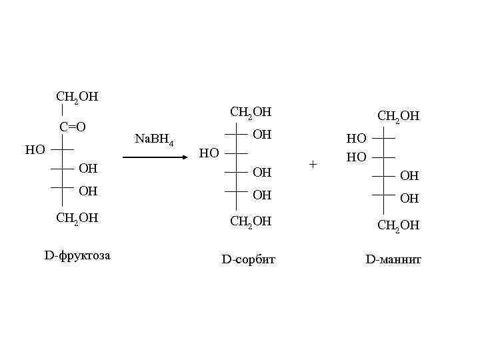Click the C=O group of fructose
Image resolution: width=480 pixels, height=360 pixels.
coord(72,127)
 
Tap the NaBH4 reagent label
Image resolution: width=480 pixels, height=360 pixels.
coord(154,140)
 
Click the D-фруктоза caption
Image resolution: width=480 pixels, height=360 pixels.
coord(77,255)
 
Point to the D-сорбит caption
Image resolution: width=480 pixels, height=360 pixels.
coord(248,259)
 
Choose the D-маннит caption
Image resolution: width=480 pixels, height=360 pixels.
coord(393,259)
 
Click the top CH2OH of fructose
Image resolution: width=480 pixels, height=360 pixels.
coord(77,97)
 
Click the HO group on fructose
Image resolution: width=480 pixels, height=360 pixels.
coord(35,149)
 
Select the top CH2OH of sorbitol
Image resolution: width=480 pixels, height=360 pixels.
coord(251,112)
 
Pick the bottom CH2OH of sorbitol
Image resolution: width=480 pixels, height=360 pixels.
coord(251,221)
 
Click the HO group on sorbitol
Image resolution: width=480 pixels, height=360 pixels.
coord(209,153)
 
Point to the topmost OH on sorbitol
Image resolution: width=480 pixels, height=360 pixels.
coord(263,135)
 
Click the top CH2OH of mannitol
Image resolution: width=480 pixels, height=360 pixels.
coord(398,117)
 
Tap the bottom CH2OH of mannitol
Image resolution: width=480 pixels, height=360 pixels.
coord(398,225)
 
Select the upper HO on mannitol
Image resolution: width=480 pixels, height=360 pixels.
coord(356,139)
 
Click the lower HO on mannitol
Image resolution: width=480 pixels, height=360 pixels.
coord(356,157)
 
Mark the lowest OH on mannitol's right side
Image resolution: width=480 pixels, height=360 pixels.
coord(409,198)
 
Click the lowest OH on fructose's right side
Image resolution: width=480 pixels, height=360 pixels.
coord(88,191)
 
